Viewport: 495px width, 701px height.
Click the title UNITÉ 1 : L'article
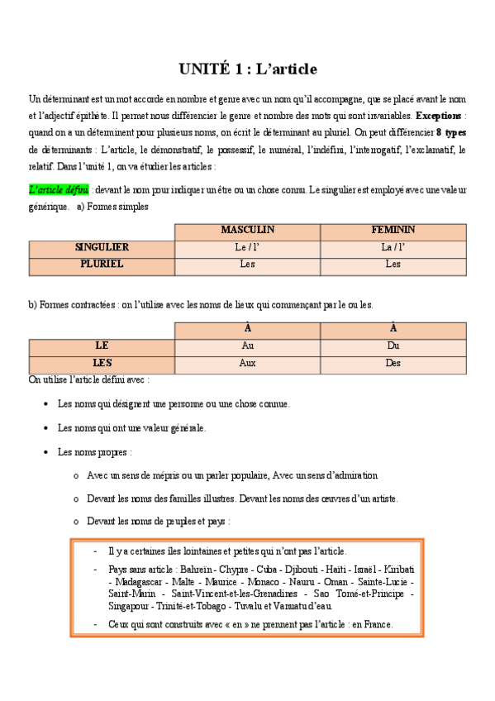[x=247, y=69]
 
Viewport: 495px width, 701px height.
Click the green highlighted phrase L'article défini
[x=59, y=189]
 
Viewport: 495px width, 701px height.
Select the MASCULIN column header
[x=247, y=230]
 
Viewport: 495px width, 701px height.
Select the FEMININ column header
[x=393, y=230]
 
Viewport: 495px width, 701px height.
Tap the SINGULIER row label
[x=102, y=247]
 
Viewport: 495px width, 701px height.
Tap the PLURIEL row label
[x=102, y=265]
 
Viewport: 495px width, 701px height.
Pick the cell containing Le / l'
[x=247, y=247]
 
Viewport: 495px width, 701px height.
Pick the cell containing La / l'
[x=393, y=247]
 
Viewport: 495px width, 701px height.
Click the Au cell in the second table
[x=247, y=346]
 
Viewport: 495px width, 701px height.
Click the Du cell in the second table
[x=393, y=346]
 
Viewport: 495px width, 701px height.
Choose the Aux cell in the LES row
[x=247, y=363]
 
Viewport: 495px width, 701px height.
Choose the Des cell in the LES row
[x=393, y=363]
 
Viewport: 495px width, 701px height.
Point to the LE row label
[x=102, y=346]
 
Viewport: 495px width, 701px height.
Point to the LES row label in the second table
[x=102, y=363]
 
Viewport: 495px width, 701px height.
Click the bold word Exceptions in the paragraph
[x=439, y=115]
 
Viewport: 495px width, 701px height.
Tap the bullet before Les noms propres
[x=45, y=452]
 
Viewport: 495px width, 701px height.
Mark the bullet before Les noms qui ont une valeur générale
[x=45, y=428]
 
